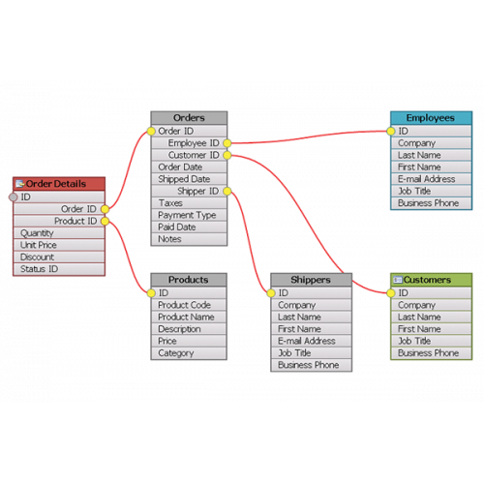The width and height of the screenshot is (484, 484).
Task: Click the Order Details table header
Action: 59,184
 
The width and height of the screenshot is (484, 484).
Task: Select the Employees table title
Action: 431,118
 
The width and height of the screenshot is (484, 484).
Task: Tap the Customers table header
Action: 431,280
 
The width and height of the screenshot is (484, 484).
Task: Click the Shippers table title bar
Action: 311,280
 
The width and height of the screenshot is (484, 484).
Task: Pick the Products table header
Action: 189,280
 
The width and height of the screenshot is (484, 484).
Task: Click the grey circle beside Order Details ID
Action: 14,197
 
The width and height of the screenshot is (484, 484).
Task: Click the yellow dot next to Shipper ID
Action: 227,191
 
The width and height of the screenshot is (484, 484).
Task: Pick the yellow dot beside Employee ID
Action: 227,143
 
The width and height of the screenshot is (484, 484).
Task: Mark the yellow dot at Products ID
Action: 151,293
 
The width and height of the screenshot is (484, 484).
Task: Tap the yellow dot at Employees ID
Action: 391,131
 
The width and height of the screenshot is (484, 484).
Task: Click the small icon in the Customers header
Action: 398,280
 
